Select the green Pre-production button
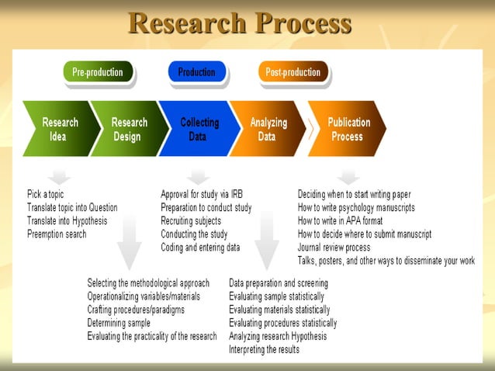98,72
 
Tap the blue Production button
196,72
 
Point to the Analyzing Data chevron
266,129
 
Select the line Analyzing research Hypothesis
278,336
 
